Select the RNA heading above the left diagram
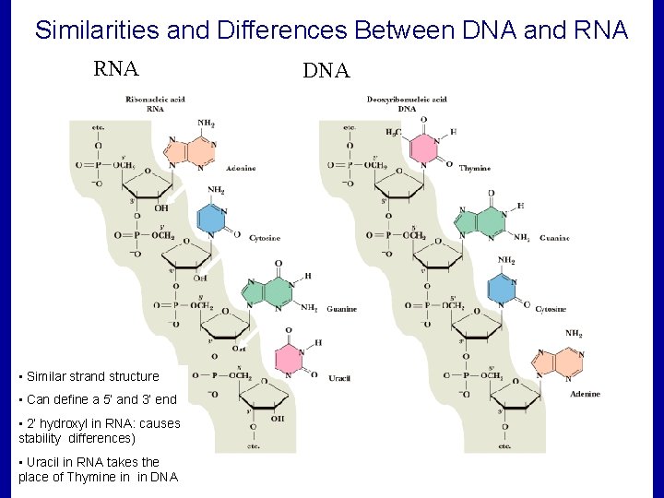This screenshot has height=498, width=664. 115,69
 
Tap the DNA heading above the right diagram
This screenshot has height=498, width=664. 326,71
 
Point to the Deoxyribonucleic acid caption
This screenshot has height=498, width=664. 407,99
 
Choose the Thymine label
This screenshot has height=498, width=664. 475,168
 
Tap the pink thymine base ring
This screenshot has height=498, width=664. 423,149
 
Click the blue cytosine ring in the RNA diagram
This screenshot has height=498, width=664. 212,220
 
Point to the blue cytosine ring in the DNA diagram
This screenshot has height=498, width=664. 502,290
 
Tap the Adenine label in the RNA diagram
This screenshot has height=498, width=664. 239,168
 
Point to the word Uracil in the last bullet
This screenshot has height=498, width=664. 44,461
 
